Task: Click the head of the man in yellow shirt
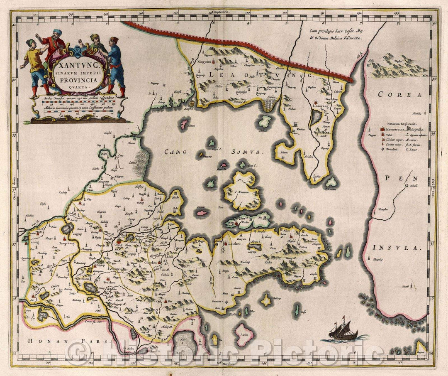point(31,43)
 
